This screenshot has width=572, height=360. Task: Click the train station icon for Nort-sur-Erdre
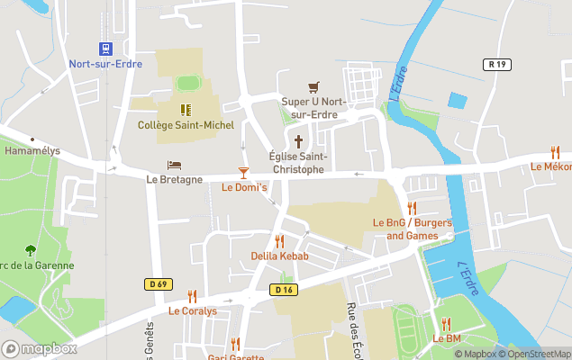[x=105, y=49]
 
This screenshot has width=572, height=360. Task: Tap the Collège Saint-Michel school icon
[x=185, y=110]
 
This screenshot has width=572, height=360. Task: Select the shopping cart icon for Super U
[x=313, y=86]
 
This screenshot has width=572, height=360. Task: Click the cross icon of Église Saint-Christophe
[x=299, y=141]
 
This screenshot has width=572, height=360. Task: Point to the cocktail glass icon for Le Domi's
[x=243, y=172]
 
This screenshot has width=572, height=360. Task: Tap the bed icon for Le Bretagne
[x=174, y=165]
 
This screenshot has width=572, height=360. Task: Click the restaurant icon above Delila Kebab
[x=279, y=241]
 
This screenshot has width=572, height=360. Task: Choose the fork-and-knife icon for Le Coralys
[x=192, y=296]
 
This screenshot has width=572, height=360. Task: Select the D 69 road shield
[x=157, y=283]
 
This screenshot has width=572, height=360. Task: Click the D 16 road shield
[x=283, y=289]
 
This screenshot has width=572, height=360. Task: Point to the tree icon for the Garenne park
[x=31, y=250]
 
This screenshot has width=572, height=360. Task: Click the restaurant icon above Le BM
[x=446, y=324]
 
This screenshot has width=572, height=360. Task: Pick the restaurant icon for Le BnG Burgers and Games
[x=412, y=208]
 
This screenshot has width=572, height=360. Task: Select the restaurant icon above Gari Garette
[x=235, y=343]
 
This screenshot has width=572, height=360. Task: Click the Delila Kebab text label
[x=279, y=256]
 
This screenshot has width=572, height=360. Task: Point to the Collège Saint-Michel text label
[x=185, y=125]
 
